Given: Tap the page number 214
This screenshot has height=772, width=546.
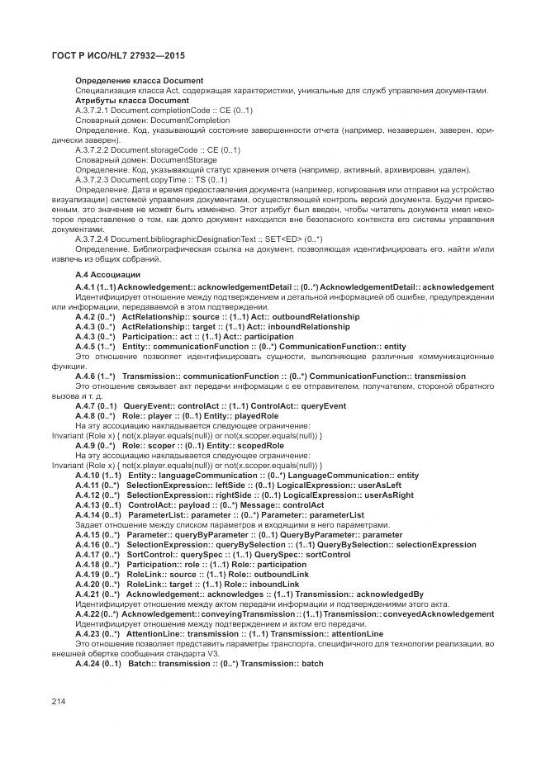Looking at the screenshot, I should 58,700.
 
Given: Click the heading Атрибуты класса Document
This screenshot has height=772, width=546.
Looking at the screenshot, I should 121,100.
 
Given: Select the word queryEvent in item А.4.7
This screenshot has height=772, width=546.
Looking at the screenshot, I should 301,406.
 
